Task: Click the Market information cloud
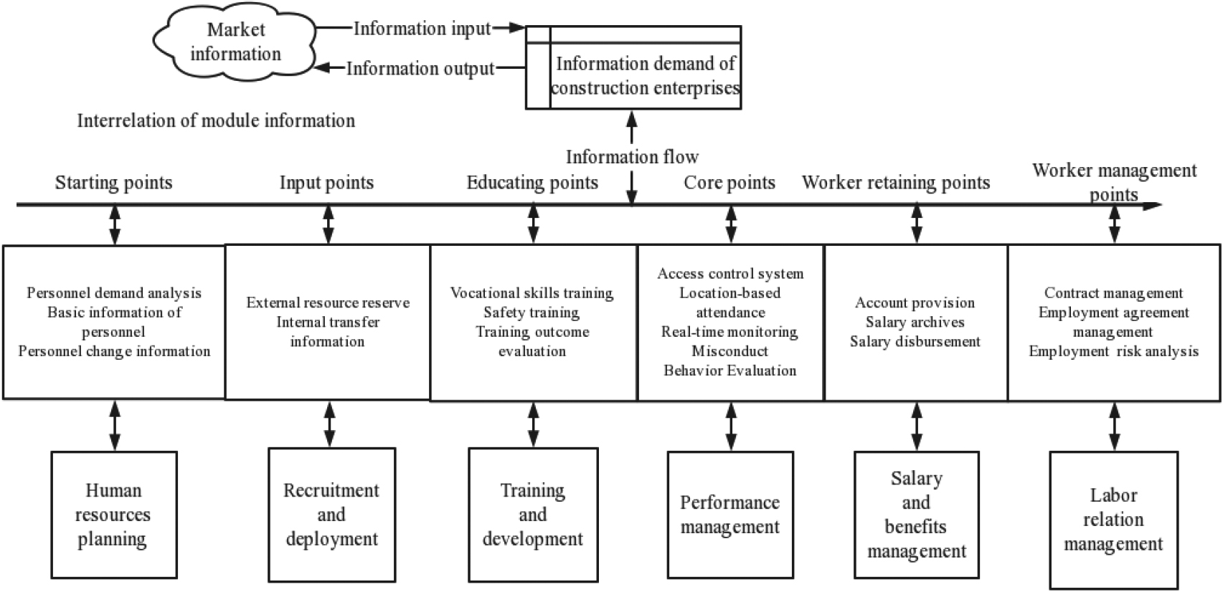[235, 42]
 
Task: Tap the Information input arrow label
[422, 29]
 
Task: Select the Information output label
[420, 68]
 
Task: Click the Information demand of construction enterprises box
[633, 67]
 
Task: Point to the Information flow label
[632, 157]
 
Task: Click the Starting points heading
[113, 182]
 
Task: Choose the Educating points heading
[532, 182]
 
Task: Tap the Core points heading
[729, 182]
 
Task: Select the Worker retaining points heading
[896, 182]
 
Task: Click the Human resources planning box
[114, 515]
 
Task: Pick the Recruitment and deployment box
[332, 515]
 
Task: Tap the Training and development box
[534, 515]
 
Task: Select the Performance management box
[730, 515]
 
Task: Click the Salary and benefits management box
[917, 515]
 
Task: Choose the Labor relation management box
[1114, 520]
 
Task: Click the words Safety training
[532, 312]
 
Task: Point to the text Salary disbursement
[915, 342]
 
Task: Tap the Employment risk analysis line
[1114, 351]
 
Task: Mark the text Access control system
[730, 273]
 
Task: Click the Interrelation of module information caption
[216, 120]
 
